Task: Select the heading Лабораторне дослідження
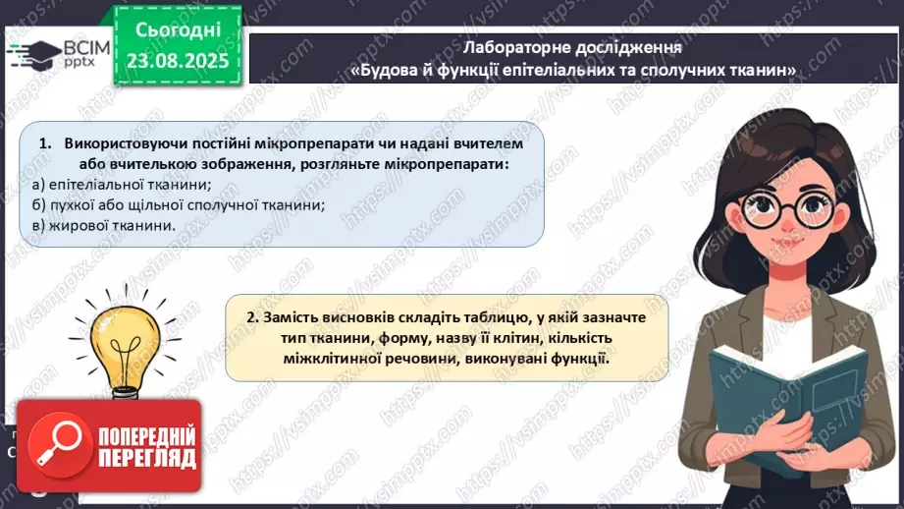pos(573,47)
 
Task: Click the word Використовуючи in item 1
pos(122,143)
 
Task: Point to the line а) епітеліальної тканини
pos(122,185)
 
